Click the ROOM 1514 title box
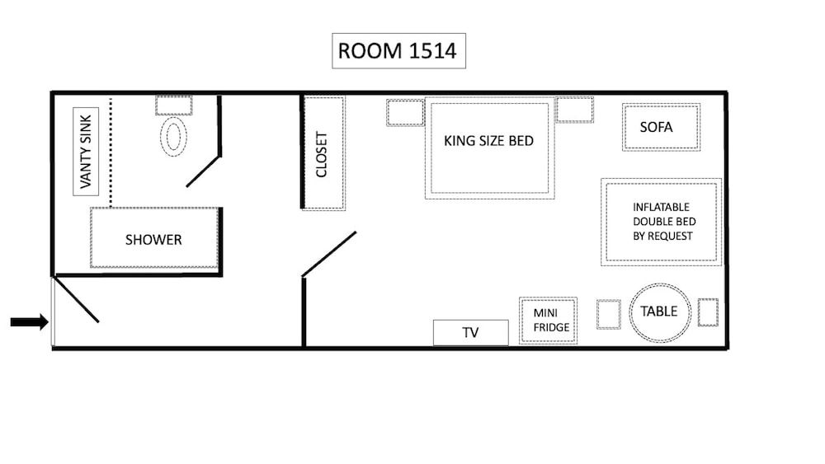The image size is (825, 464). click(399, 51)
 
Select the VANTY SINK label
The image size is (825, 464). click(84, 151)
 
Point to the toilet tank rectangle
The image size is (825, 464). click(174, 105)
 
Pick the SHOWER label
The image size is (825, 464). click(153, 240)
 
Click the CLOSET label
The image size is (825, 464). click(323, 154)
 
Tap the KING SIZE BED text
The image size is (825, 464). click(488, 141)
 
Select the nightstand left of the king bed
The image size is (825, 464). click(404, 112)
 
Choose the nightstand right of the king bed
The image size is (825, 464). click(574, 110)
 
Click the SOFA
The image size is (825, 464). click(661, 127)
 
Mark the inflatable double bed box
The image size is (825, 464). click(662, 222)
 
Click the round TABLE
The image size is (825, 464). click(659, 312)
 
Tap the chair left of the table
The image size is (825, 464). click(609, 314)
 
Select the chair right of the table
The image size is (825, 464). click(708, 312)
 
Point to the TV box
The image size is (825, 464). click(470, 333)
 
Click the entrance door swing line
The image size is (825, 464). click(77, 300)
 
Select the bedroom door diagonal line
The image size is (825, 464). click(330, 253)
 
